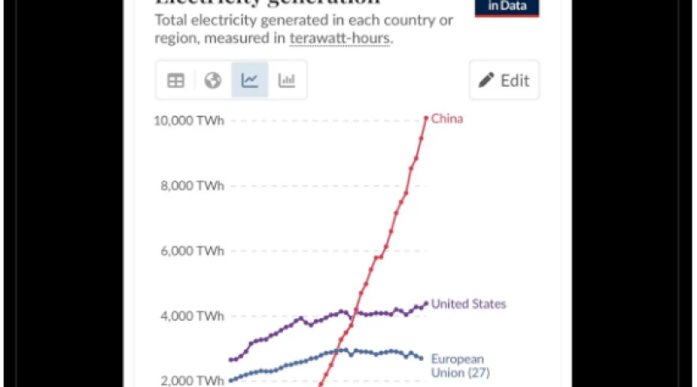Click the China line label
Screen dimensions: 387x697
click(x=447, y=118)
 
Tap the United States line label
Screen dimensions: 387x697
click(x=469, y=304)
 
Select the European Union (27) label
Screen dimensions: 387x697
click(x=457, y=365)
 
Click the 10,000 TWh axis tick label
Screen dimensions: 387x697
click(x=189, y=121)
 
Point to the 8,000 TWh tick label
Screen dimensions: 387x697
click(x=193, y=185)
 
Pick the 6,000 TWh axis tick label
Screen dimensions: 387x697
click(x=193, y=250)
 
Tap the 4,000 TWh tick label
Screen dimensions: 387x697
click(x=193, y=316)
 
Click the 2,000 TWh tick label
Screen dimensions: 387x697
click(x=193, y=380)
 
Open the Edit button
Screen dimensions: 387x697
click(x=504, y=80)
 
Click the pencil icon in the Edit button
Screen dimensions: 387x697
click(x=486, y=80)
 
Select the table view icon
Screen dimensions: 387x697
click(x=176, y=80)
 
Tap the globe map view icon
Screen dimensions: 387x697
click(x=213, y=80)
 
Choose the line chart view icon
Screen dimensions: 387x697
click(x=249, y=80)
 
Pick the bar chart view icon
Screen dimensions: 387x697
click(x=287, y=80)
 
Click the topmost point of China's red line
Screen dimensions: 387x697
click(x=426, y=117)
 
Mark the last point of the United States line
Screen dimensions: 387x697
click(x=426, y=304)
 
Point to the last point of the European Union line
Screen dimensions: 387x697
click(x=423, y=358)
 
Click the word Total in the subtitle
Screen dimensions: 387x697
click(x=171, y=20)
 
